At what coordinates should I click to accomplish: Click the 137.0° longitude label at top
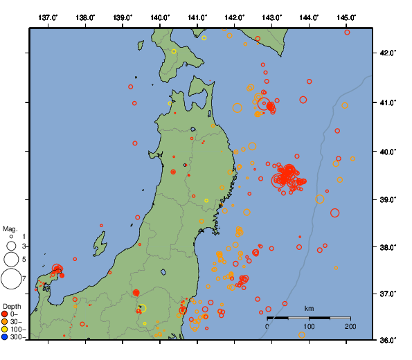(48, 17)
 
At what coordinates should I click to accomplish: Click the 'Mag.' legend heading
(10, 228)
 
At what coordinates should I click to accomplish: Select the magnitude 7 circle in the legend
(10, 279)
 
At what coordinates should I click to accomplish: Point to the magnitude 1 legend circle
(11, 237)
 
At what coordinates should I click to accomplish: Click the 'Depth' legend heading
(12, 306)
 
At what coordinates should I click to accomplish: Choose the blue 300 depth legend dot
(6, 337)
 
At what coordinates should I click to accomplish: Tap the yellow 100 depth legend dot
(6, 330)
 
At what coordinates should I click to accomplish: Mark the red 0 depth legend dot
(6, 314)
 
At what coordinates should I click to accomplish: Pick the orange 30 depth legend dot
(6, 322)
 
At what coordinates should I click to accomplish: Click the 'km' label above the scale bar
(309, 308)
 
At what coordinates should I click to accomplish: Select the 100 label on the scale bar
(309, 326)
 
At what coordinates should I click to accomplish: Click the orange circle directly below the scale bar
(303, 335)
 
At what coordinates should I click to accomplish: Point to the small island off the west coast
(100, 244)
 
